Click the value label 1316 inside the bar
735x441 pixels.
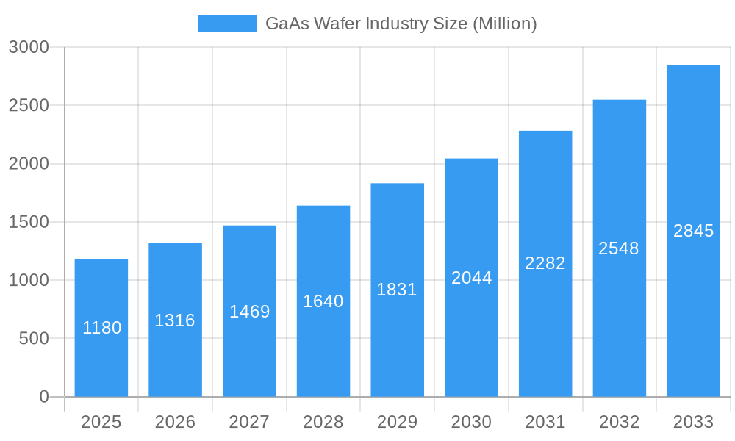(175, 320)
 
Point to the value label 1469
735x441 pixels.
(249, 312)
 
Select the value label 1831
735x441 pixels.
(397, 290)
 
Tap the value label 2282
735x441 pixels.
(545, 263)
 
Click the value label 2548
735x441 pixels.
(619, 248)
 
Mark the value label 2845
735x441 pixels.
(693, 231)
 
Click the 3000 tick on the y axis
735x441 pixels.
(29, 47)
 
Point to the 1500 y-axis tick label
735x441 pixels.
(29, 222)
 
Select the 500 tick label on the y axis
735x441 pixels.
(34, 339)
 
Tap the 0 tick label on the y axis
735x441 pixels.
(43, 397)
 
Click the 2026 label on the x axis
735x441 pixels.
(175, 422)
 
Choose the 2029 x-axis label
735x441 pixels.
(397, 422)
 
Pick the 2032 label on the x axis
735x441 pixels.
(619, 422)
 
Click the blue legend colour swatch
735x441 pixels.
(227, 24)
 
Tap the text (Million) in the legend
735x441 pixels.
(504, 24)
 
